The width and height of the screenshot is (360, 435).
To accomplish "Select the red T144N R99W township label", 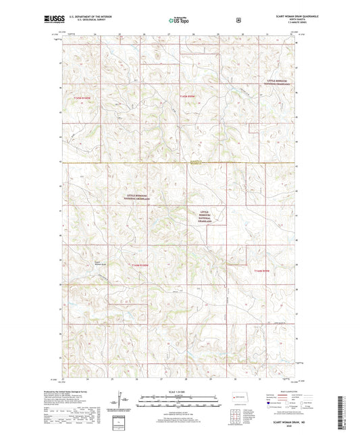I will pos(261,272).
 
